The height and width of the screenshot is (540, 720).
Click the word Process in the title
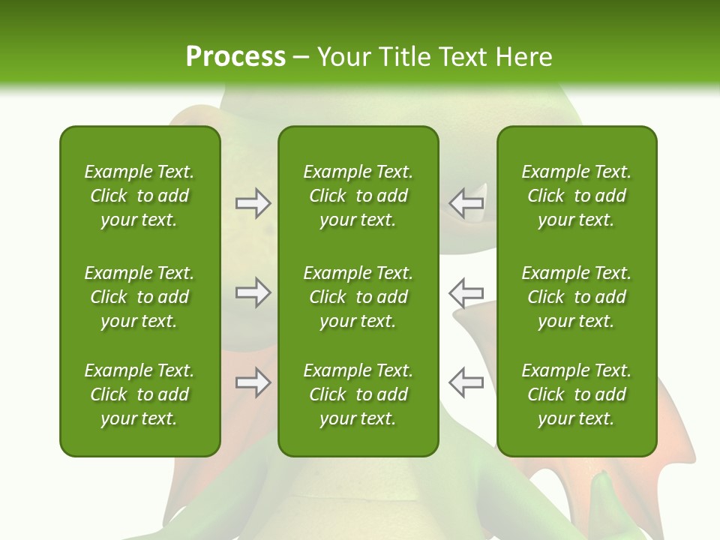[235, 57]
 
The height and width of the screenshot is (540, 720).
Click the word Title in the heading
[404, 57]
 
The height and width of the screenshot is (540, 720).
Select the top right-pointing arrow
[253, 203]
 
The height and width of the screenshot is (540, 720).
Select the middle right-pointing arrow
[253, 292]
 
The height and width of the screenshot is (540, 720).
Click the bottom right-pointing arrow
[253, 382]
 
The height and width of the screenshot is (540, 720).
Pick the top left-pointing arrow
[466, 202]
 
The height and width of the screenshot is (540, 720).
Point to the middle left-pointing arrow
[466, 292]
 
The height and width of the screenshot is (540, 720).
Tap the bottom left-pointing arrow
[466, 382]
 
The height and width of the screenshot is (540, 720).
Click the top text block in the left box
[139, 196]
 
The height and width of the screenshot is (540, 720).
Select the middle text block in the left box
[139, 297]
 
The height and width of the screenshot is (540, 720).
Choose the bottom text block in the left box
[139, 394]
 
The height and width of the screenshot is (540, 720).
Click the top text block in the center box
[358, 196]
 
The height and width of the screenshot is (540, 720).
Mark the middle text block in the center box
[358, 297]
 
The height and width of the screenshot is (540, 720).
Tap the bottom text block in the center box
[358, 394]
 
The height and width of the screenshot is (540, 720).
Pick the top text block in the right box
[576, 196]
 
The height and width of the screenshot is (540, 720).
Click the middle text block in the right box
[576, 297]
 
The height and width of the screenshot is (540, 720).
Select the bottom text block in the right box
[576, 394]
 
